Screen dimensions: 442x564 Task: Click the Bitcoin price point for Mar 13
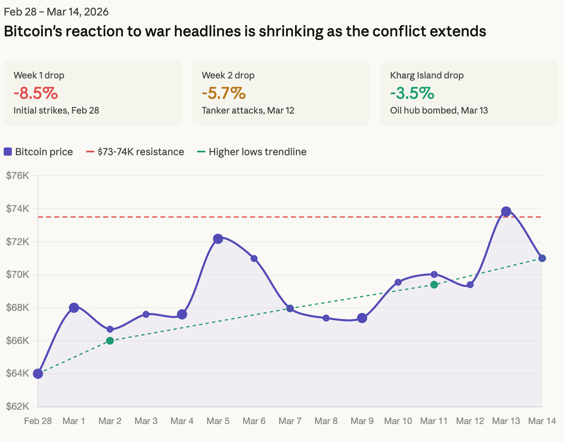click(x=506, y=212)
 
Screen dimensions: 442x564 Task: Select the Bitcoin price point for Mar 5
click(x=218, y=239)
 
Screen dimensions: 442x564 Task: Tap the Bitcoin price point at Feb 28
click(x=38, y=374)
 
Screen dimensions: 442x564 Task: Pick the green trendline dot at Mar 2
click(x=110, y=341)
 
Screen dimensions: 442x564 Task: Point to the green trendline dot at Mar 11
click(x=434, y=285)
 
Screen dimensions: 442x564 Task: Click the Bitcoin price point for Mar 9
click(x=362, y=318)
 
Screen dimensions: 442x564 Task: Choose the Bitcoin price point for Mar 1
click(x=74, y=308)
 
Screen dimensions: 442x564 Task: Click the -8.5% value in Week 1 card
click(x=36, y=93)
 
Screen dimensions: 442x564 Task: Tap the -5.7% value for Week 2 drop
click(x=224, y=93)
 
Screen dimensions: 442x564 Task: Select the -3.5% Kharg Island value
click(x=412, y=93)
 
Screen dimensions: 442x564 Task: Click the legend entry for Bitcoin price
click(x=38, y=152)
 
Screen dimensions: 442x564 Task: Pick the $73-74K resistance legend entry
click(x=135, y=152)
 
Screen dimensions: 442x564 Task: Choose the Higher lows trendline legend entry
click(x=252, y=152)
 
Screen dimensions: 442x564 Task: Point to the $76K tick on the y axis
click(x=18, y=176)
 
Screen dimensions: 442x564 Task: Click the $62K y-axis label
click(x=18, y=406)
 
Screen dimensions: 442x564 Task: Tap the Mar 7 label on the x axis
click(x=290, y=421)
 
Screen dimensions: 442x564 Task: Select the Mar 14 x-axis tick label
click(x=542, y=421)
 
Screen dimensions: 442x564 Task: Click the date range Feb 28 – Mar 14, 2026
click(x=56, y=11)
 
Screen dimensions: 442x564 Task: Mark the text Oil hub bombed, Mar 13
click(x=439, y=110)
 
